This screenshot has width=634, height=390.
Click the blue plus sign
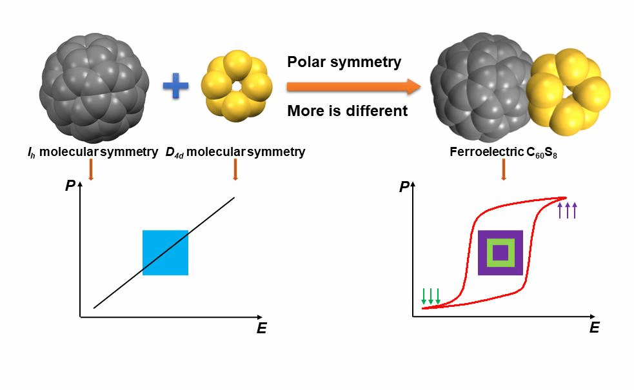[175, 86]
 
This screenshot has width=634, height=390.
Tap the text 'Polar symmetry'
[344, 62]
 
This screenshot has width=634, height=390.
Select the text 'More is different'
[347, 111]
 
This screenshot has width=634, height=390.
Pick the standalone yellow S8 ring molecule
[237, 86]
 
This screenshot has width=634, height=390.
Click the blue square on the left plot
[165, 253]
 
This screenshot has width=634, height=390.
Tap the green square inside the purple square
[500, 253]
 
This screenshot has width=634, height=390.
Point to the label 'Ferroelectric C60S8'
[504, 153]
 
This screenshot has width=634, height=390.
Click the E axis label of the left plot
[261, 328]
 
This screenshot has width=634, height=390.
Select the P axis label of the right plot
[404, 187]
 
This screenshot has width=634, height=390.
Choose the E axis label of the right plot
[594, 327]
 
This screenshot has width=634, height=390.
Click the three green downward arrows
[430, 295]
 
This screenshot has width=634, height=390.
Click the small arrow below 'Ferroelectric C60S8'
[503, 170]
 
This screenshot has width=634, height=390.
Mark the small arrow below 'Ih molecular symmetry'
[90, 170]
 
